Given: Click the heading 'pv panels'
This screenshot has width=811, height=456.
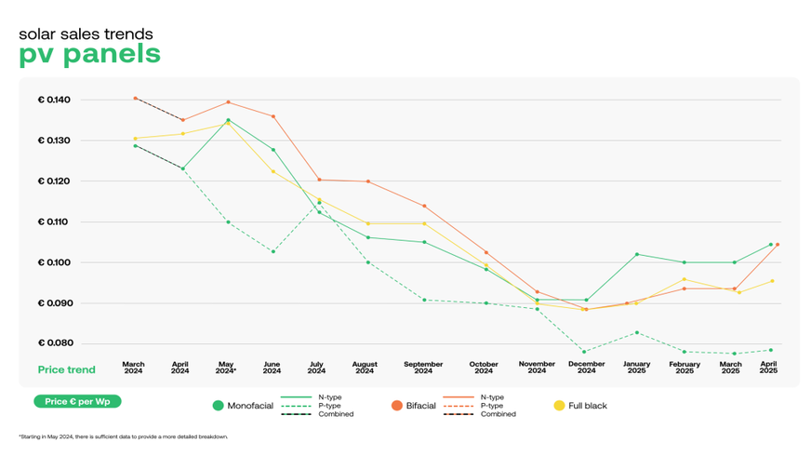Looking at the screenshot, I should point(89,55).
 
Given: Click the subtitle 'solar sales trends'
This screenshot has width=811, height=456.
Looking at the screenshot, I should point(86,34).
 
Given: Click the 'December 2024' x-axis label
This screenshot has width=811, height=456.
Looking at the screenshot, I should point(586,368).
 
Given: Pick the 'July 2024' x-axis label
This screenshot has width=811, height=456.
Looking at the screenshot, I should point(317,368).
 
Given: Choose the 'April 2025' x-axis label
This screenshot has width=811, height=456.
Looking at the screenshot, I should point(768,368).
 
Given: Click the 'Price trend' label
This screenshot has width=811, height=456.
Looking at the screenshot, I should point(66,369).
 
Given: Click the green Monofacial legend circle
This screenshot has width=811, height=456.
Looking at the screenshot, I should point(219,406).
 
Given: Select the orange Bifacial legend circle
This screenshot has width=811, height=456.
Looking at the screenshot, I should point(396,406).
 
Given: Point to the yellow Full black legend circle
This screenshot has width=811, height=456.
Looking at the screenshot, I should point(559,406).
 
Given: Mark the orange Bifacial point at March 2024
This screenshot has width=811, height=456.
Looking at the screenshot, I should point(135,98).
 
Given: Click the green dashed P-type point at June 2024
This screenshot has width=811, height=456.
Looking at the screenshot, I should point(272,251).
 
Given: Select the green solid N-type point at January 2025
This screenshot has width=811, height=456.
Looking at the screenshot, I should point(637,254).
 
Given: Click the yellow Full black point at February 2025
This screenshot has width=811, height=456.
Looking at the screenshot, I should point(685,279).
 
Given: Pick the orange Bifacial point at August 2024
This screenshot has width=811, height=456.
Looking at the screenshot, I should point(369,181).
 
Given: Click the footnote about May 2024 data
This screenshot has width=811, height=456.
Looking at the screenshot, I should point(123,436).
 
